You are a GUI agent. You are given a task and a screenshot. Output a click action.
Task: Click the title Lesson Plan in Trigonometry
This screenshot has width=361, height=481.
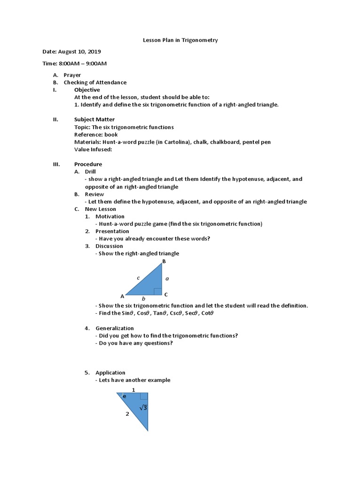click(180, 40)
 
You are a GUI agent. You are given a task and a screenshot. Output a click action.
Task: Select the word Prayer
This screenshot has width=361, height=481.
click(72, 75)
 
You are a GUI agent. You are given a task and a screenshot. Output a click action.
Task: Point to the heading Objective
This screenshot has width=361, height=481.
click(87, 90)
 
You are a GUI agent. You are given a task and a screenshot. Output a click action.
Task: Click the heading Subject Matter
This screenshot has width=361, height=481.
click(94, 119)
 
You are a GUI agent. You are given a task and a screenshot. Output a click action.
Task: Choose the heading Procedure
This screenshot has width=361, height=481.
click(88, 164)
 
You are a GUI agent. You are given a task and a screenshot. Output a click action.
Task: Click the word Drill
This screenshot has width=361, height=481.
click(90, 172)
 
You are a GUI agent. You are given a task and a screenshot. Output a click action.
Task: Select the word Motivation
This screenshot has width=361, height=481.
click(110, 217)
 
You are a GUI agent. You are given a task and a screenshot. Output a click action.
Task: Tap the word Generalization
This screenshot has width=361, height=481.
click(115, 328)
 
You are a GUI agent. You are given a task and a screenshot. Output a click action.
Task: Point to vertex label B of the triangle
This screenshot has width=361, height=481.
click(164, 261)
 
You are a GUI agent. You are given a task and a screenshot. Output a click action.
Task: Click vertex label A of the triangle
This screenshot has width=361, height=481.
click(122, 296)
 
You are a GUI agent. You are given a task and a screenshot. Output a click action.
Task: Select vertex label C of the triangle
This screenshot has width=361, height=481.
click(166, 295)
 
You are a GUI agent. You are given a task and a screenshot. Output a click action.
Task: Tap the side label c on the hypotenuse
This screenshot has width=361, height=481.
click(138, 278)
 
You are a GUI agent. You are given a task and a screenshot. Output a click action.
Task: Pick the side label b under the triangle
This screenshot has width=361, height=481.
click(143, 299)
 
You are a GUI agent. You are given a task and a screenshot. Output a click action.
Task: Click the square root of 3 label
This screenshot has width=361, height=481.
click(143, 408)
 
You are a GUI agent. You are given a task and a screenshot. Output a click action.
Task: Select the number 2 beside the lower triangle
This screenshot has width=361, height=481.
click(127, 414)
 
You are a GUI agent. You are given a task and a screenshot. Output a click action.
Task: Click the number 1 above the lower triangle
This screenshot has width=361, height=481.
click(133, 390)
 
